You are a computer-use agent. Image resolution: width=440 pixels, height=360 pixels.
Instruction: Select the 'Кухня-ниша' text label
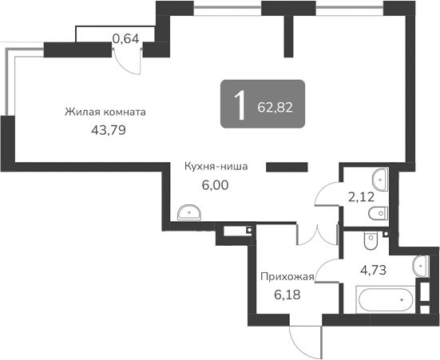point(216,167)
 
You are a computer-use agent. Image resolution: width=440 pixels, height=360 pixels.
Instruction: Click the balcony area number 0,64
point(125,37)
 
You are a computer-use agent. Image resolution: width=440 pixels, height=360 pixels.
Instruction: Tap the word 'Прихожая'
point(287,277)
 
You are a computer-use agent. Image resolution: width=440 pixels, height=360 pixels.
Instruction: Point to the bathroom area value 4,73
point(375,269)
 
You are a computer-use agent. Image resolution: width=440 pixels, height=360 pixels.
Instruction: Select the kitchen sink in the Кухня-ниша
point(190,212)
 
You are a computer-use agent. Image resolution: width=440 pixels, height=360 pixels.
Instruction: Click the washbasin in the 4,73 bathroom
point(421,266)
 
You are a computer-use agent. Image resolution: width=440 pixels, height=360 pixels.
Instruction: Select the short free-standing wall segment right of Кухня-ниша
point(287,167)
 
